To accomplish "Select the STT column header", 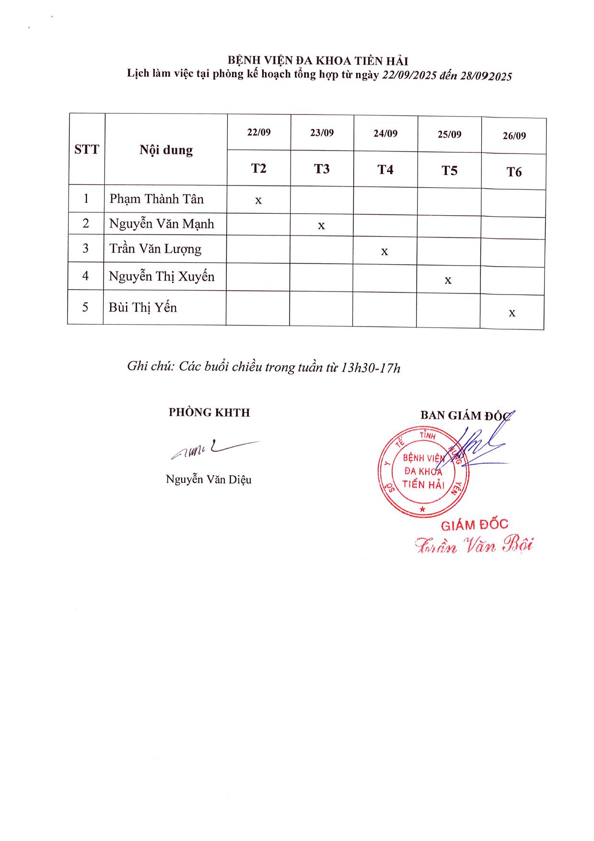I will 86,150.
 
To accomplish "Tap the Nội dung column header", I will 166,150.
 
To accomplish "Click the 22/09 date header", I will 259,132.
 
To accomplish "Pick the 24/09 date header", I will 385,134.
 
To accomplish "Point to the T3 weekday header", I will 322,169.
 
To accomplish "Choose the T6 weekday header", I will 514,172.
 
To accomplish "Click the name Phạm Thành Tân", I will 156,199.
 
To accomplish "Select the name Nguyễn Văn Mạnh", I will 162,224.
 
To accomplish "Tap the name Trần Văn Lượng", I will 155,249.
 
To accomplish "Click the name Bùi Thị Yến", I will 142,307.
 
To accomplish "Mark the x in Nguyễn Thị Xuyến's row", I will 448,280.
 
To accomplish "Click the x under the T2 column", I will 258,200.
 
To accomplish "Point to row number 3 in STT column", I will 86,248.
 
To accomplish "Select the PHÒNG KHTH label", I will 209,412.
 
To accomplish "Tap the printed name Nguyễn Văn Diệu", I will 209,479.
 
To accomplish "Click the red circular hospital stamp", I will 423,472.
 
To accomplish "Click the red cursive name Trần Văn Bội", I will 474,545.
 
